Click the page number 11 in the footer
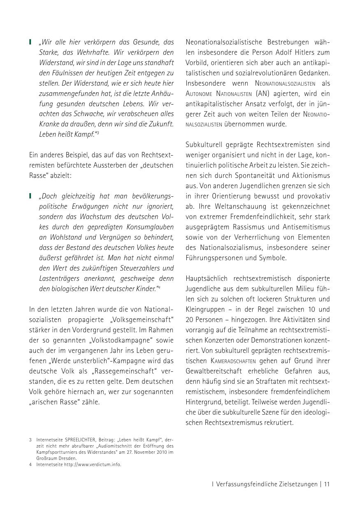coord(327,484)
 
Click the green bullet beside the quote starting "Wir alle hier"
coord(30,42)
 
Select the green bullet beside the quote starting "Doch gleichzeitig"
coord(30,196)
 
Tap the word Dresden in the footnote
coord(67,458)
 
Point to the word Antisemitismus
coord(307,227)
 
